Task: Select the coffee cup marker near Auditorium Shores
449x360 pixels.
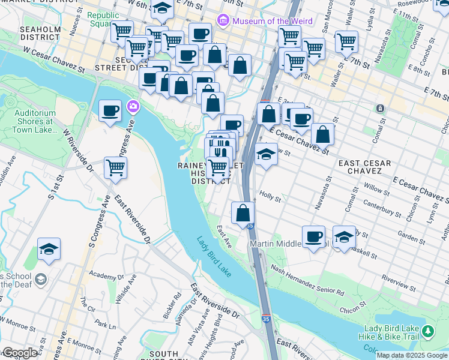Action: [110, 111]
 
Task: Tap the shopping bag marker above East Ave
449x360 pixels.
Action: [243, 213]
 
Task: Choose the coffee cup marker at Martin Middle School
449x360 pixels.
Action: [313, 237]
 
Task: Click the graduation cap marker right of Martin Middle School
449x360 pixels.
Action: [344, 237]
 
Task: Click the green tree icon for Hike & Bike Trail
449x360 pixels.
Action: [427, 331]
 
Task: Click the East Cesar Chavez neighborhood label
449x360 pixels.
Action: [364, 168]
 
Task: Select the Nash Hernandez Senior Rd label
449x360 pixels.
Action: [307, 282]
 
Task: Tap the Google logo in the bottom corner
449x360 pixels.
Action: [20, 352]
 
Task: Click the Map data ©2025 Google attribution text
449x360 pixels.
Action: [412, 355]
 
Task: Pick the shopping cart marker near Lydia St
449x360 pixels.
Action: [346, 42]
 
